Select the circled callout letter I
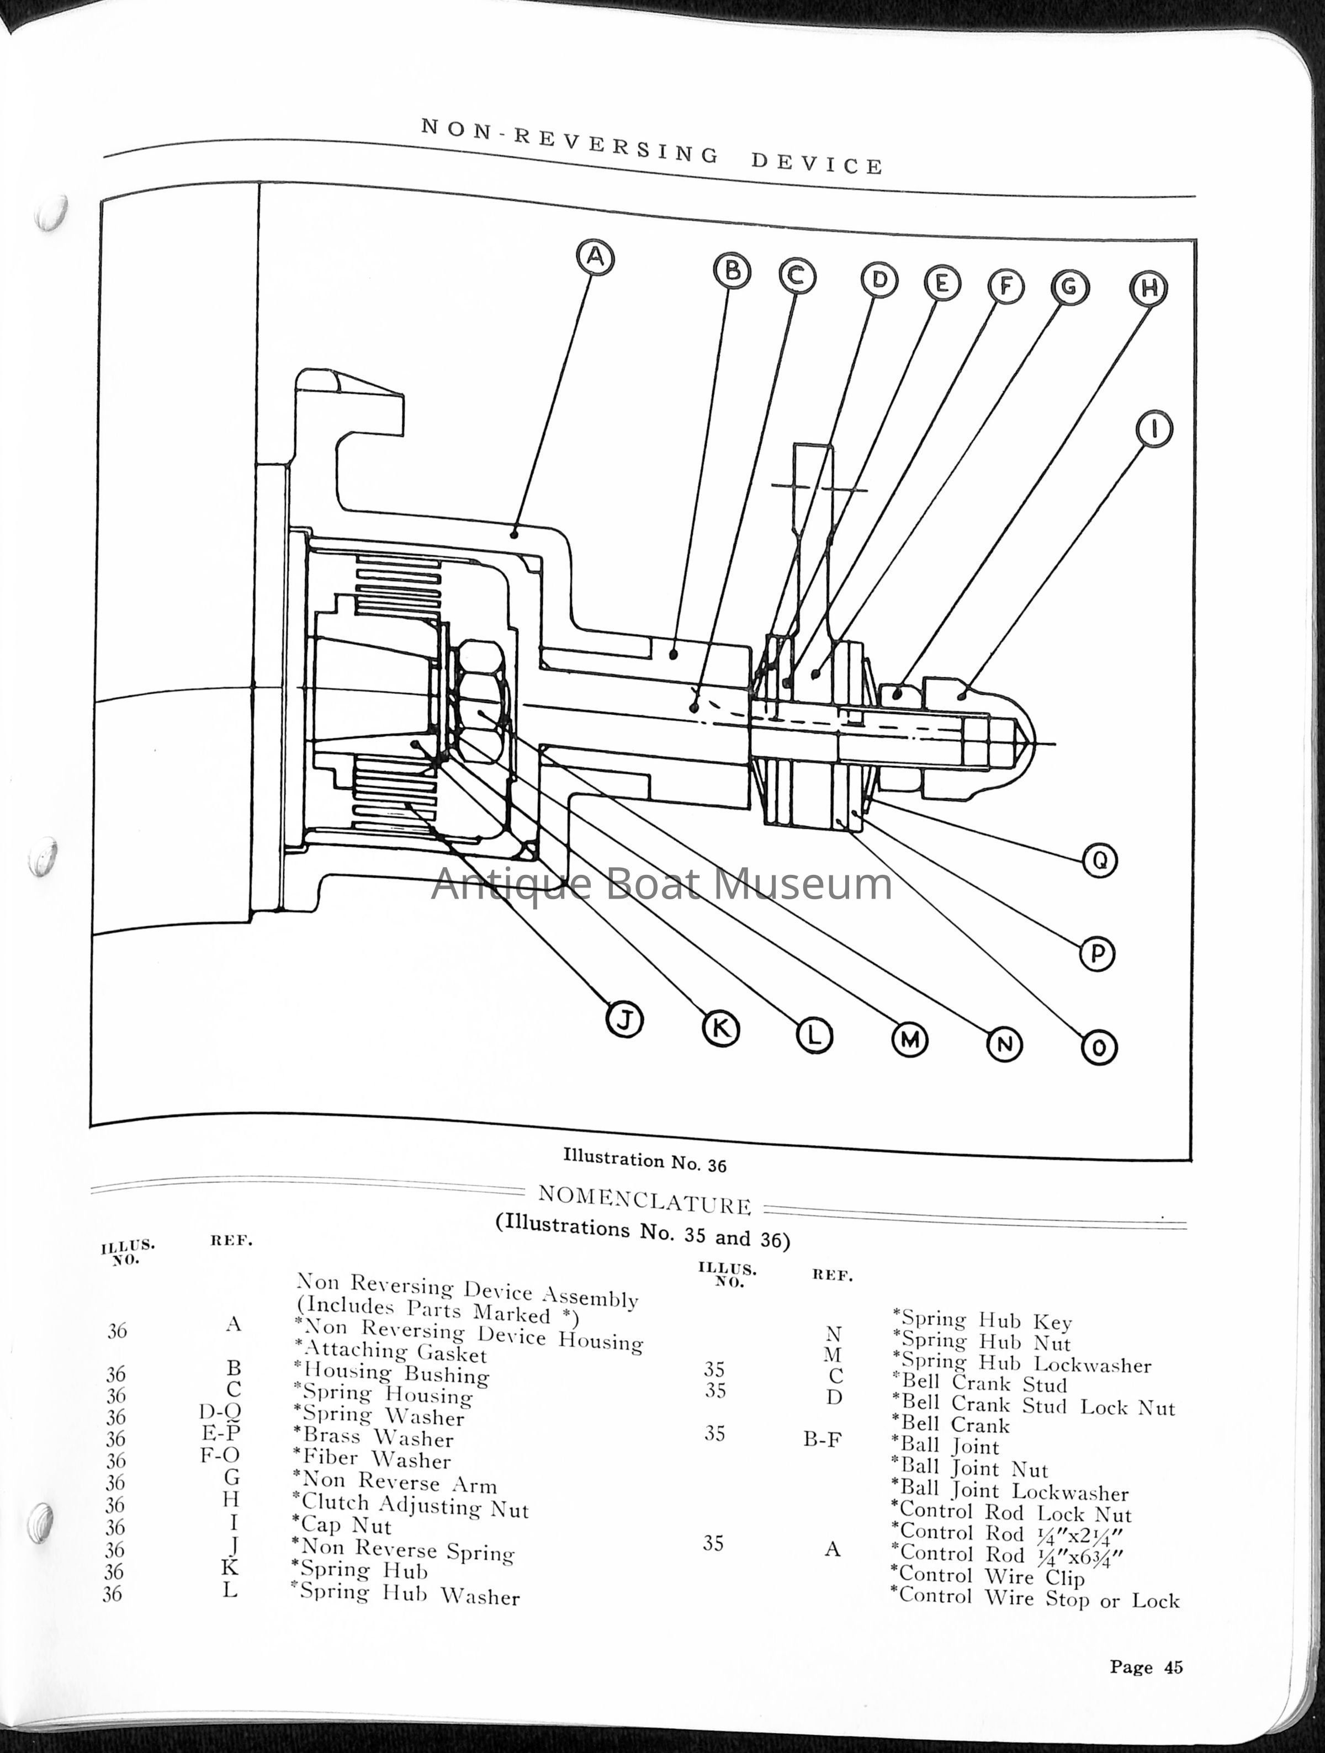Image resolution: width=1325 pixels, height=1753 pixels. coord(1154,429)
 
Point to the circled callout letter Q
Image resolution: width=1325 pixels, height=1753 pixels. coord(1099,860)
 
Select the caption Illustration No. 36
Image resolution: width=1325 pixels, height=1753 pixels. coord(645,1160)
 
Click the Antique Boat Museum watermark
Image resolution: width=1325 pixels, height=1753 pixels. coord(662,884)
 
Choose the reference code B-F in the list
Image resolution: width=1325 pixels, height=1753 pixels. coord(822,1438)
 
